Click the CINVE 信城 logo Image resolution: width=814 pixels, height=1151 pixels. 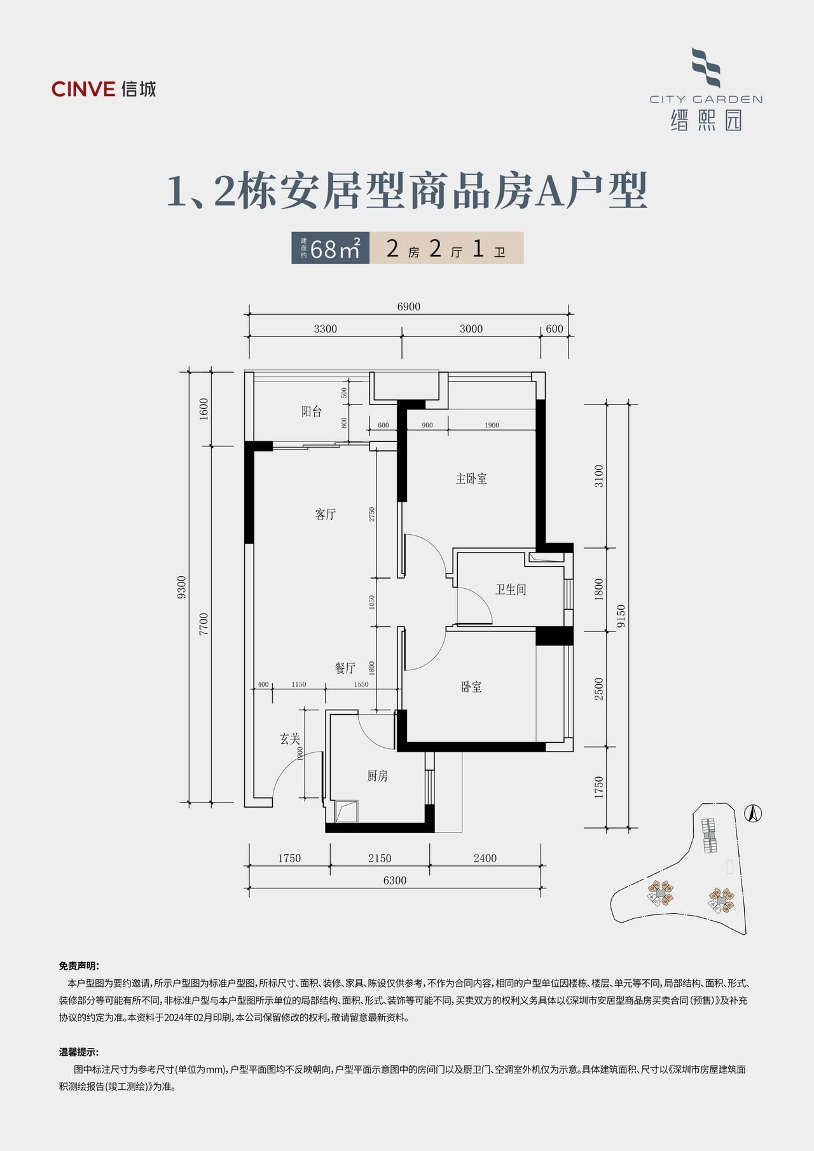104,89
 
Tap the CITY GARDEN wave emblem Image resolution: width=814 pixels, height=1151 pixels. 706,67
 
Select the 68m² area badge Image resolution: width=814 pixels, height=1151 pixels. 331,248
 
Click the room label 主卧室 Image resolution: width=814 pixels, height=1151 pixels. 471,479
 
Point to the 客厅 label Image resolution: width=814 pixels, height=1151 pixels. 325,514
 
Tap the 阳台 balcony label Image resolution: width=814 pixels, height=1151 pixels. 312,411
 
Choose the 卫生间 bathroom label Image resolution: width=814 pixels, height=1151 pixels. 511,589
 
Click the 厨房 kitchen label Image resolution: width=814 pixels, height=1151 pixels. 377,776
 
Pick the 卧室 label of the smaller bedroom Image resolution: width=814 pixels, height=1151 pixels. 471,687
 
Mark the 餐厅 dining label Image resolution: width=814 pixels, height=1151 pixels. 345,668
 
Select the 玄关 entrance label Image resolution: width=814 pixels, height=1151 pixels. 290,739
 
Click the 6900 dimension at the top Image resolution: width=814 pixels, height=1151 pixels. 409,307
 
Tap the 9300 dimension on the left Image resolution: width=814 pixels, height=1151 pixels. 182,587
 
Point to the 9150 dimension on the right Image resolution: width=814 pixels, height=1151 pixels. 621,616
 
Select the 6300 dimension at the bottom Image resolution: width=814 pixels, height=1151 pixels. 395,880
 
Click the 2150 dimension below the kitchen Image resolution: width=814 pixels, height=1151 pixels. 380,858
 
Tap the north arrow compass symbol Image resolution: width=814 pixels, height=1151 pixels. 753,813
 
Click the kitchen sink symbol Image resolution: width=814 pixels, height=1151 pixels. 347,811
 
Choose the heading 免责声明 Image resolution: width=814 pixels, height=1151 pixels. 79,965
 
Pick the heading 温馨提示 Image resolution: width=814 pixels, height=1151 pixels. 79,1052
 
